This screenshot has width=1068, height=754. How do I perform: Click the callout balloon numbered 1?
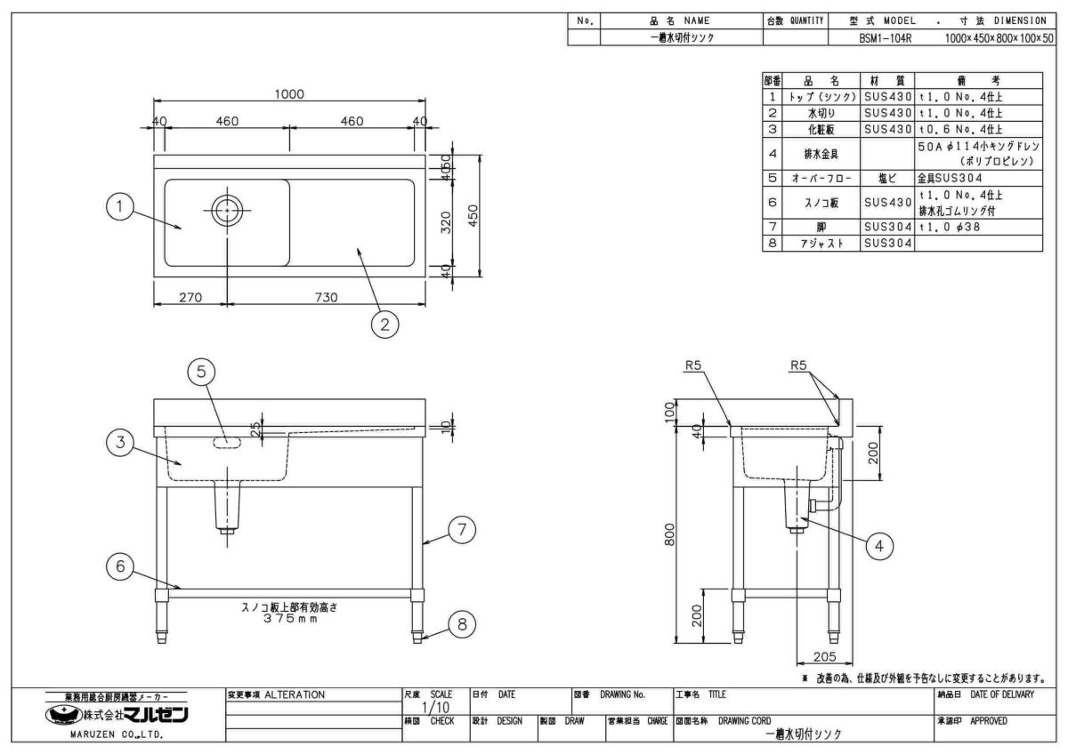[x=119, y=208]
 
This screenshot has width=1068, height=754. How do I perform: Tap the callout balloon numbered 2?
[x=384, y=325]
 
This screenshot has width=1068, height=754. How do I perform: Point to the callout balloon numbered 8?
[x=461, y=625]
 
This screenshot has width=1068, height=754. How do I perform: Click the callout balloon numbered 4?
[x=879, y=546]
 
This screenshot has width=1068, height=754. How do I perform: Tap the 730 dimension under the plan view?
[x=326, y=298]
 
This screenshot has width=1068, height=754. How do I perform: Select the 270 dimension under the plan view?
[x=190, y=298]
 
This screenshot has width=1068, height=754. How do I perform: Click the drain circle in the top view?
[x=228, y=209]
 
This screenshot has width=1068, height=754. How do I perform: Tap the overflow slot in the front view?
[x=227, y=442]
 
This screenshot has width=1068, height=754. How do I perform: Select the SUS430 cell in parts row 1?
[x=887, y=97]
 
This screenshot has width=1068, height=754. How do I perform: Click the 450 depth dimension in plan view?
[x=474, y=217]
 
